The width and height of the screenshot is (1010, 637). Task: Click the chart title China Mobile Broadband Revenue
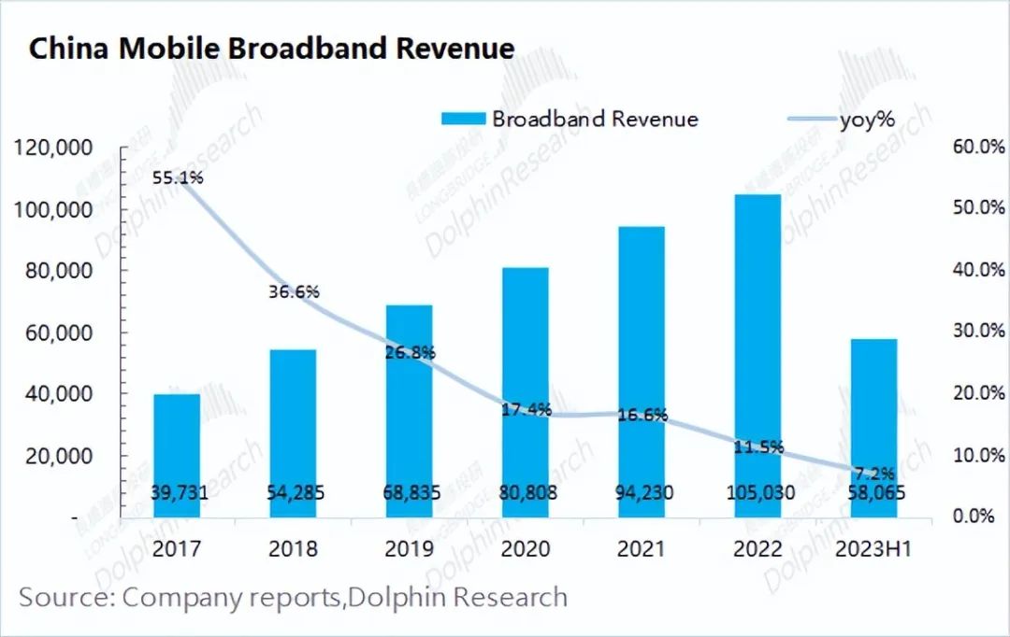(271, 49)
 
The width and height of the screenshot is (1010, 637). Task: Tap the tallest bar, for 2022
(757, 355)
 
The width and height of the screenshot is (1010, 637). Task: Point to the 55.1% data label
(178, 177)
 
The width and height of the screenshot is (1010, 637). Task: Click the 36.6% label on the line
(294, 291)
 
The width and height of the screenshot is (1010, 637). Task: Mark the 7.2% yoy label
(873, 473)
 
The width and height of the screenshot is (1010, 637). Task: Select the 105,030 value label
(757, 492)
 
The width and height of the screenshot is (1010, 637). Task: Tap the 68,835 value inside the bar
(410, 492)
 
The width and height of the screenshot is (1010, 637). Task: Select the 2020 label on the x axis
(526, 548)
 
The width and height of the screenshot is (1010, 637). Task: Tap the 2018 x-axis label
(294, 548)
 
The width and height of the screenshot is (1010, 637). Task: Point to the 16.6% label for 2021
(642, 415)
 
